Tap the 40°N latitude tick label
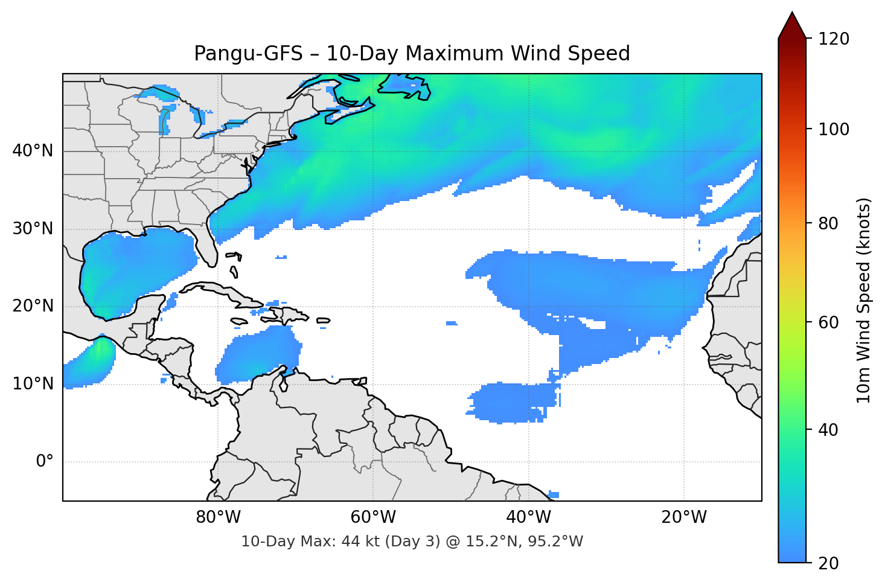click(x=33, y=151)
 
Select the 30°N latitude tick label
click(x=33, y=229)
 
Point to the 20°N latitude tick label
click(x=33, y=306)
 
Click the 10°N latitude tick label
click(x=33, y=384)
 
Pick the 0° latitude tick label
click(x=45, y=462)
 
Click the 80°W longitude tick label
click(x=219, y=517)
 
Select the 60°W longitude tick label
click(x=374, y=517)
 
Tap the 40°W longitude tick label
click(x=529, y=517)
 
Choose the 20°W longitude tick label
click(x=684, y=517)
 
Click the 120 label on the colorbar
click(x=834, y=39)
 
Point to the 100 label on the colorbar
click(x=834, y=129)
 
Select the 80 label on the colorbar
click(x=828, y=223)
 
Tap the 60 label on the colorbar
click(x=828, y=322)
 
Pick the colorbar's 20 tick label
click(x=828, y=563)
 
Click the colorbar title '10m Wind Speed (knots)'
click(x=864, y=300)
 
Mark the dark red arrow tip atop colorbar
click(x=792, y=24)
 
